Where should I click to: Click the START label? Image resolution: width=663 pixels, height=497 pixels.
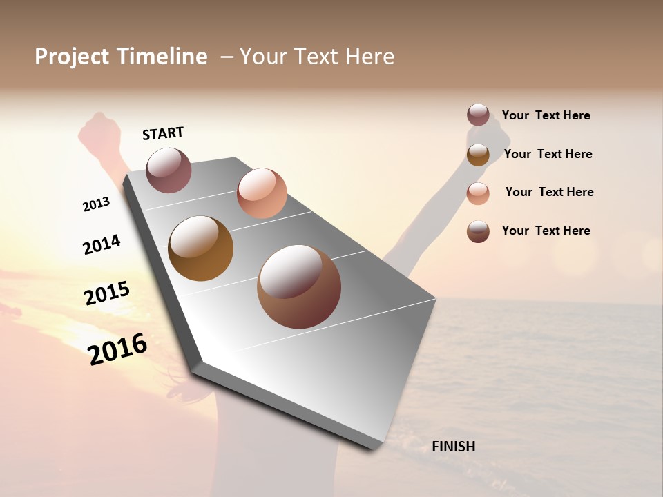163,133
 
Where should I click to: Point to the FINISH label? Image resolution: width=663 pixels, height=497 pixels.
453,447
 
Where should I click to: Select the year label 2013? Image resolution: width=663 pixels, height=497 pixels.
96,204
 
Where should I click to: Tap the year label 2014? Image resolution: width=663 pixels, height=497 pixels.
102,244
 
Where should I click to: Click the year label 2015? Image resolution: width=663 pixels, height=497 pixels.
107,293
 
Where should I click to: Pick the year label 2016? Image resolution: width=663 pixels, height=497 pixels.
117,349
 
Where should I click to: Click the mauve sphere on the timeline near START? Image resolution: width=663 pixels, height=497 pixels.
169,170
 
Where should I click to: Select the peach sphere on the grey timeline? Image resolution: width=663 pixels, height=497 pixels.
262,193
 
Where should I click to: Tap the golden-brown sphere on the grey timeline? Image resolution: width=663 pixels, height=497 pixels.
200,248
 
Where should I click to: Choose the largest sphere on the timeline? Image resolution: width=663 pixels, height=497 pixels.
299,286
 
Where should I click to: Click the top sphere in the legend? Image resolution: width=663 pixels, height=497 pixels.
478,115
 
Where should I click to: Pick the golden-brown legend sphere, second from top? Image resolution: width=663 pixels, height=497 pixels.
478,154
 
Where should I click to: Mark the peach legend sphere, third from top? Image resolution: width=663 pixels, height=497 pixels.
478,193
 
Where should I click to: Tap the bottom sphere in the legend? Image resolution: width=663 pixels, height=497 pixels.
478,231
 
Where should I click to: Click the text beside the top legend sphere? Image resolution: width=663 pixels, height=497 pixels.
546,115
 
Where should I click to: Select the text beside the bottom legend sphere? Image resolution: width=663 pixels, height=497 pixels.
546,231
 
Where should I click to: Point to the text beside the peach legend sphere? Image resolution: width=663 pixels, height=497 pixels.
549,192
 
